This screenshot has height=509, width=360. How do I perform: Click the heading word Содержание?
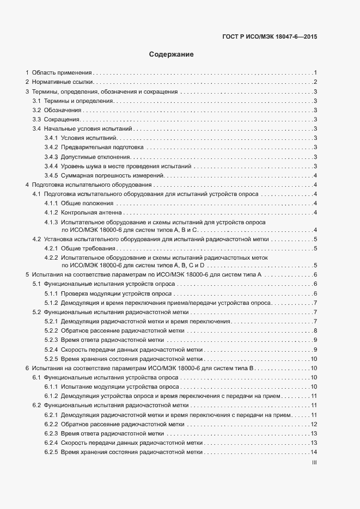[x=172, y=54]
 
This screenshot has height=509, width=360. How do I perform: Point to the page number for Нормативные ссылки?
[x=315, y=82]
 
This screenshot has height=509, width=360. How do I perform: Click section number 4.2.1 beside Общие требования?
[x=51, y=249]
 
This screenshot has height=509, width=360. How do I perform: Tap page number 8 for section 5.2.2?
[x=315, y=331]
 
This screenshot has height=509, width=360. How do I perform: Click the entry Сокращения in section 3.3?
[x=62, y=119]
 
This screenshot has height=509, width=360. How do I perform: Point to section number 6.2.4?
[x=51, y=443]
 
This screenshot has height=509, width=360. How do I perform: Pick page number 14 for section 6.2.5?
[x=314, y=452]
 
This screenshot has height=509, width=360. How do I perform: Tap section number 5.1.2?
[x=51, y=303]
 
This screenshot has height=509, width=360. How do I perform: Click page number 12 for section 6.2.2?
[x=314, y=424]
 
